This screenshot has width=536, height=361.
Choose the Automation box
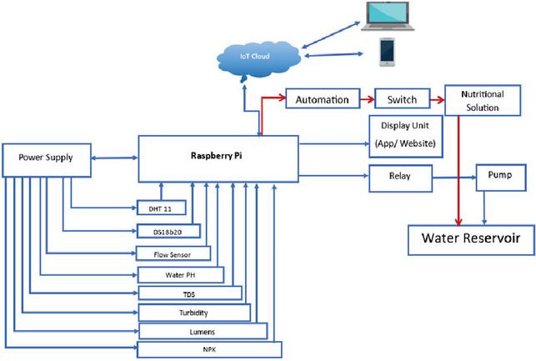pyautogui.click(x=322, y=99)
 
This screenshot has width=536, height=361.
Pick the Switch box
pyautogui.click(x=401, y=99)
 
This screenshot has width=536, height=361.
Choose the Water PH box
pyautogui.click(x=180, y=273)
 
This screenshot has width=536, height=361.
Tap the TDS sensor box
pyautogui.click(x=189, y=293)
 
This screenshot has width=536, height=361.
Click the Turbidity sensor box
pyautogui.click(x=193, y=313)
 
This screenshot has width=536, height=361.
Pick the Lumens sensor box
pyautogui.click(x=202, y=332)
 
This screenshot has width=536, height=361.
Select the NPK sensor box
pyautogui.click(x=210, y=349)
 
